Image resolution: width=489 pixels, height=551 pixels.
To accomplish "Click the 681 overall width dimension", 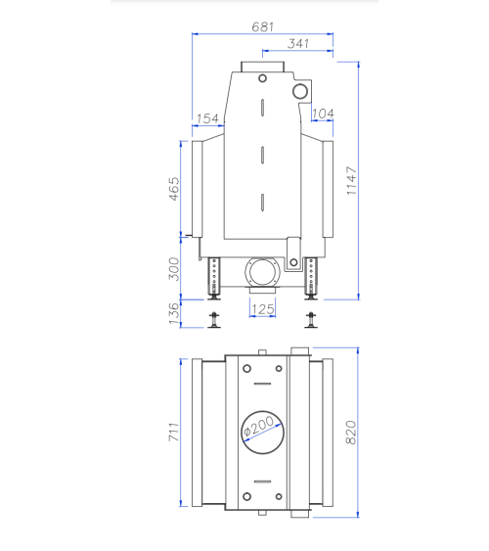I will [x=262, y=27].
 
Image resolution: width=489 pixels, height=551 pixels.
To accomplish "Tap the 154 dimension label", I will [x=207, y=118].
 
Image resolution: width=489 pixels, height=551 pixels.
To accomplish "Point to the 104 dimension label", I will [x=323, y=115].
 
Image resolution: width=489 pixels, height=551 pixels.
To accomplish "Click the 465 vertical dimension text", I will [x=174, y=188].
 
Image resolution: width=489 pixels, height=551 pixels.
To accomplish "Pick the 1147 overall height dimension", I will [x=352, y=179].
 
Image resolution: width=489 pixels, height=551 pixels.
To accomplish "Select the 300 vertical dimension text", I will [x=174, y=269].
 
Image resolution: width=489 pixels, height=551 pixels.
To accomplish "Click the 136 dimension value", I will [x=174, y=312].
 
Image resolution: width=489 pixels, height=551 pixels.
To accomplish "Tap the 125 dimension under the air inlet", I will [x=262, y=309].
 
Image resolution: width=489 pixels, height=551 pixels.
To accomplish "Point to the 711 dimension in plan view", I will [x=174, y=432].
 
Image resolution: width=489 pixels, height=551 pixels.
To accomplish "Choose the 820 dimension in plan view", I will [x=352, y=431].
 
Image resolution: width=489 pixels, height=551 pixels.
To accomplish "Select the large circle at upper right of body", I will [x=300, y=92].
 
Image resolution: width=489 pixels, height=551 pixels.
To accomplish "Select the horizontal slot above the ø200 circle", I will [x=262, y=383].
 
